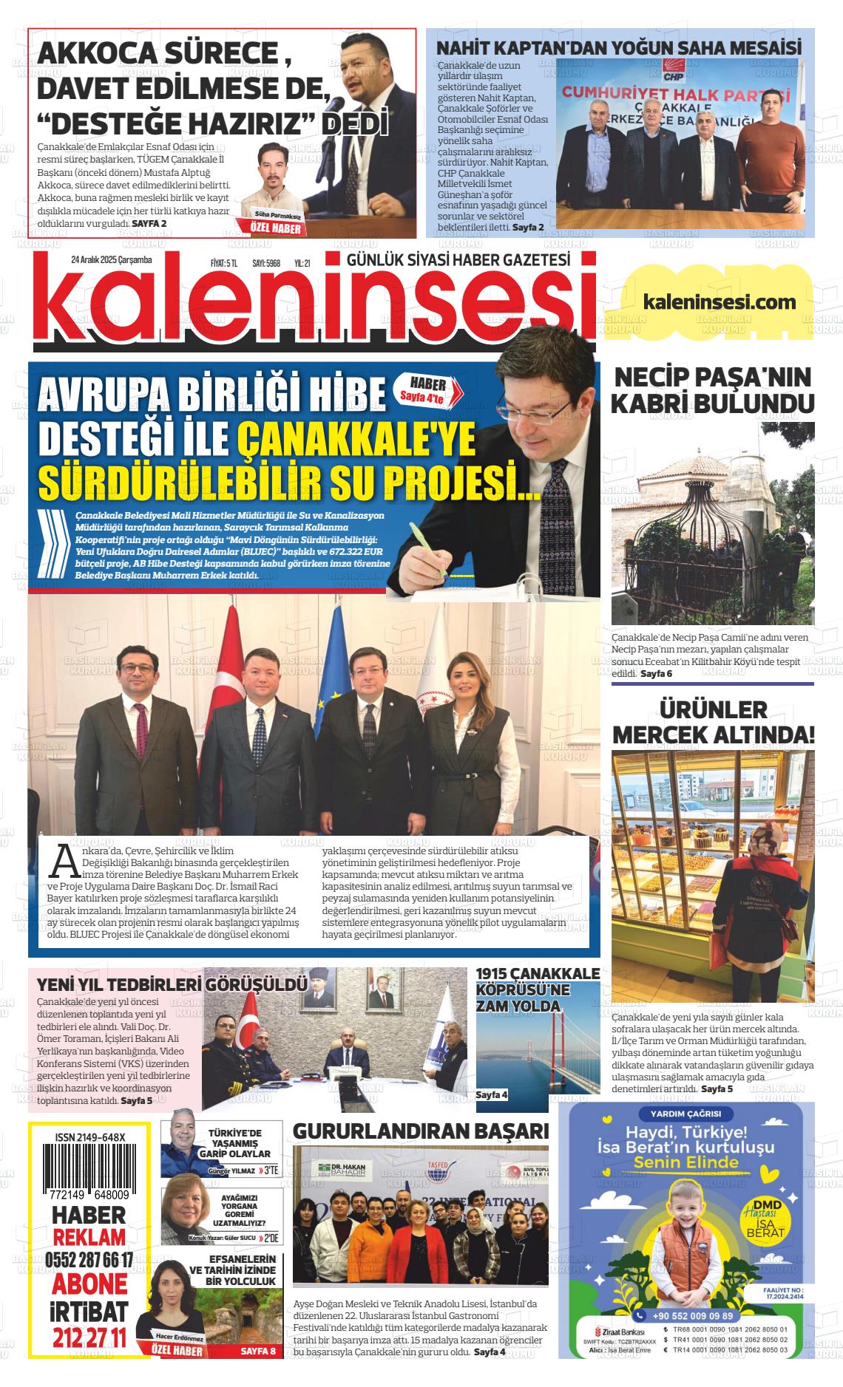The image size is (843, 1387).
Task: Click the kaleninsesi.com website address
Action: click(x=720, y=301)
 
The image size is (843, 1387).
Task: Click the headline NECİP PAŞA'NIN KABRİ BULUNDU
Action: click(x=714, y=390)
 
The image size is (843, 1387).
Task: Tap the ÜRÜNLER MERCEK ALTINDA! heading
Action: click(x=714, y=722)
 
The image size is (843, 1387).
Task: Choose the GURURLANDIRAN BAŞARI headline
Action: click(x=421, y=1131)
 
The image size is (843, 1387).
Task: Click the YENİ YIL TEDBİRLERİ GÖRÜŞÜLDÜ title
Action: click(x=172, y=984)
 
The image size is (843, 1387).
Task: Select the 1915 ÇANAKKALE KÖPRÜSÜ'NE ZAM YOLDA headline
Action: click(x=538, y=989)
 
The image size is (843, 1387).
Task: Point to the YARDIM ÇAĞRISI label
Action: click(x=680, y=1114)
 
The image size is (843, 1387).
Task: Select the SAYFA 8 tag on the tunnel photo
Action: click(x=258, y=1352)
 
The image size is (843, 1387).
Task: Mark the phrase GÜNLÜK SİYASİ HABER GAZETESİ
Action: click(x=458, y=259)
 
